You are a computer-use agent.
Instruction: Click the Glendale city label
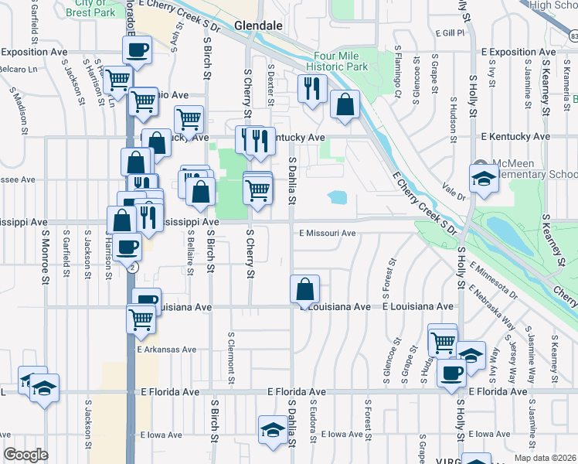[x=258, y=26]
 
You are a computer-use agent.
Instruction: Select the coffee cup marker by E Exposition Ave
[x=137, y=51]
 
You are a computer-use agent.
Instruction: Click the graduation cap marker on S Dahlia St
[x=272, y=431]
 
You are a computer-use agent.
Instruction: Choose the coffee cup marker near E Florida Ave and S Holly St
[x=451, y=372]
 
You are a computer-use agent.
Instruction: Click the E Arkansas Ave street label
[x=168, y=350]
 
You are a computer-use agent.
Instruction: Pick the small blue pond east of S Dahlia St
[x=337, y=197]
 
